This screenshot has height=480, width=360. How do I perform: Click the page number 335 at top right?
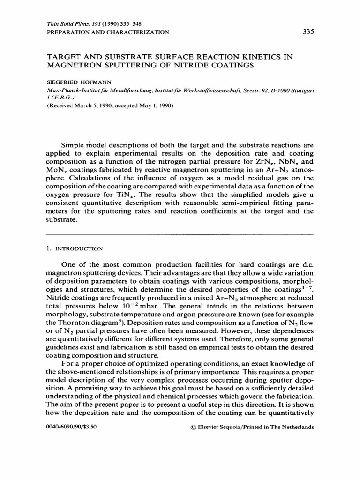point(307,32)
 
